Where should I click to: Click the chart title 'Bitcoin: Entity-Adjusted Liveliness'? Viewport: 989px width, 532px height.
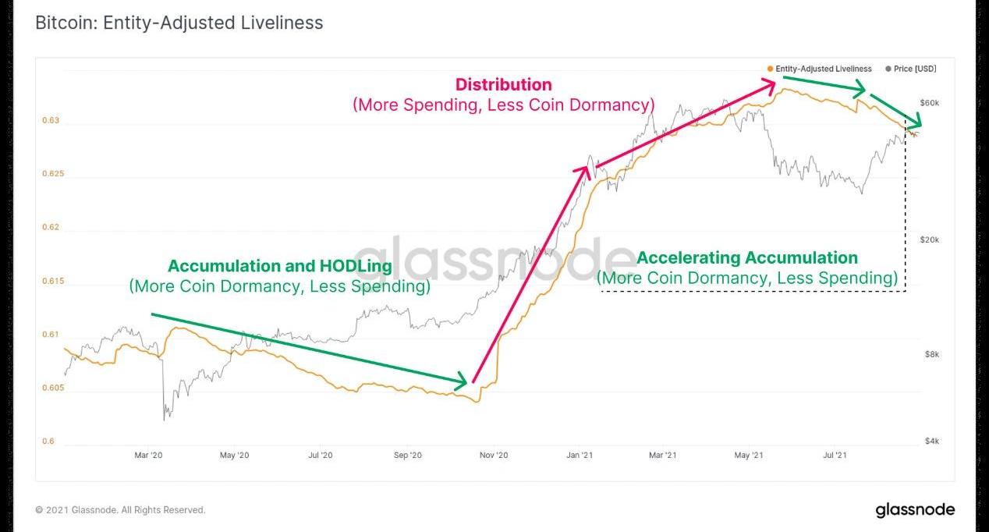click(179, 23)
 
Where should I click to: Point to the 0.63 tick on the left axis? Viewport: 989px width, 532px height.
click(50, 121)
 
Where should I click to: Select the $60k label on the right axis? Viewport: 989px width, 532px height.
click(929, 103)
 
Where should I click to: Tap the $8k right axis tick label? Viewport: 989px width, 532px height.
click(931, 354)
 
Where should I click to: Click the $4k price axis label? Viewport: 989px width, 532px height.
click(931, 442)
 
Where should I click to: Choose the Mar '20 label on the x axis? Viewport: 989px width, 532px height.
click(148, 455)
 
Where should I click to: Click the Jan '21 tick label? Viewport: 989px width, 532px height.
click(579, 455)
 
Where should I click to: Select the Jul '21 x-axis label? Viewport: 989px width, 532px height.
click(835, 455)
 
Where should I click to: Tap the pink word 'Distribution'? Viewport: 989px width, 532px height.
click(503, 84)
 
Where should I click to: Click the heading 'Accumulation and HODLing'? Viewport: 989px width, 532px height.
click(279, 266)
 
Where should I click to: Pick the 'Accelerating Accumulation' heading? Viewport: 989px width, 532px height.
click(747, 257)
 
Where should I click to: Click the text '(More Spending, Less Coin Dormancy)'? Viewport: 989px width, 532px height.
click(503, 105)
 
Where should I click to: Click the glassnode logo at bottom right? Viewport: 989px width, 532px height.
click(914, 510)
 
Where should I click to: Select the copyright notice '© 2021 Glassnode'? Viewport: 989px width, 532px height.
click(120, 510)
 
